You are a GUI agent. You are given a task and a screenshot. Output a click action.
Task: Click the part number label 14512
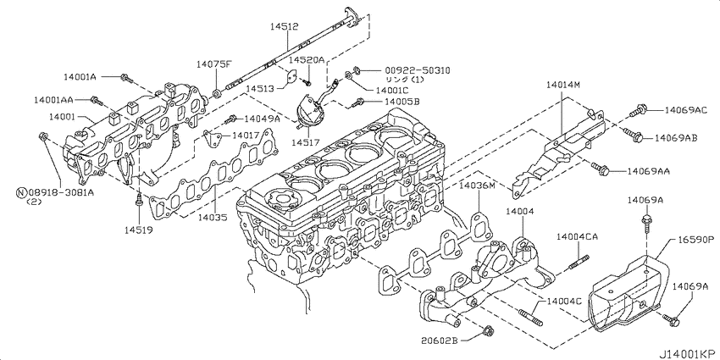[284, 27]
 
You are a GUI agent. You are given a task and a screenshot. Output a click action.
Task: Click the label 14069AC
[686, 110]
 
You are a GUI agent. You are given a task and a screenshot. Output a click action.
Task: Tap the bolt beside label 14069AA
[601, 169]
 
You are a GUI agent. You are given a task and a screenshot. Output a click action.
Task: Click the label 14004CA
[577, 236]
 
